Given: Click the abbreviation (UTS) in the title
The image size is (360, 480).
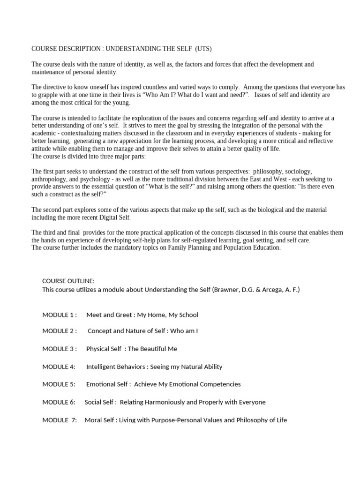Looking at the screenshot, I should [x=202, y=48].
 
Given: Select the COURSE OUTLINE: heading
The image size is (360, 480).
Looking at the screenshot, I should [x=68, y=281].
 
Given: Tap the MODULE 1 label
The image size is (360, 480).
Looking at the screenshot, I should [x=60, y=315].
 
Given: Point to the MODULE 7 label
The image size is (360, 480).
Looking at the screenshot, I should [x=60, y=420].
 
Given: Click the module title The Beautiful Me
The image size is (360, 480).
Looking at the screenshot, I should [x=152, y=349].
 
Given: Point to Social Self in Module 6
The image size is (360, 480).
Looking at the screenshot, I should [x=100, y=402].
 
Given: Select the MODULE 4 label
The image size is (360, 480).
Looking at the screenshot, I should [x=59, y=367].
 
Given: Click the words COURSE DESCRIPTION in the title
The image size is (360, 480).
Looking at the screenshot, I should [x=67, y=48].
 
